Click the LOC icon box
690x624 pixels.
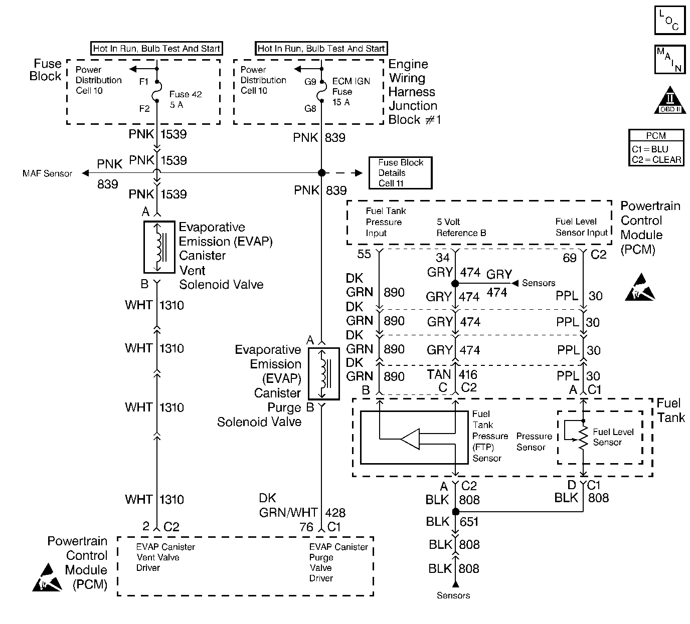(669, 21)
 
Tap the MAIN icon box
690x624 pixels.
(669, 60)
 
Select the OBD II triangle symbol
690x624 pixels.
(670, 101)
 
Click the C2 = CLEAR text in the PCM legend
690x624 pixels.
(656, 159)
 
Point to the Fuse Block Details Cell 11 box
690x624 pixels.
(400, 173)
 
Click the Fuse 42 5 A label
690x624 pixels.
(186, 99)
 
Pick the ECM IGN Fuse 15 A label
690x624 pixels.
(351, 92)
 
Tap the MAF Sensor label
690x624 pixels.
(47, 173)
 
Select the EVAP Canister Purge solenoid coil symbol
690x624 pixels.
(323, 372)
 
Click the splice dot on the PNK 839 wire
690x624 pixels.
(321, 173)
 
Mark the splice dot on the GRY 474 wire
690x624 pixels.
(455, 284)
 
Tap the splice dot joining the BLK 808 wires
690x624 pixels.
(455, 512)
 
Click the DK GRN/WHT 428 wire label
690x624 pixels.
(301, 505)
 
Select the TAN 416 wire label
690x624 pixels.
(452, 374)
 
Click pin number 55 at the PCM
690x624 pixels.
(364, 254)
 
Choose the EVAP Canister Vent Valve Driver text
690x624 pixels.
(165, 557)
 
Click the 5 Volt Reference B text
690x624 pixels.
(461, 227)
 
